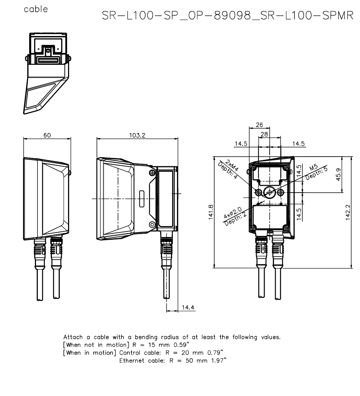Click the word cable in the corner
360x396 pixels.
pyautogui.click(x=36, y=9)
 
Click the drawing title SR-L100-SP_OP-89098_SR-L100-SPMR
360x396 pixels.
pyautogui.click(x=228, y=16)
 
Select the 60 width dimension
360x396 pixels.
pyautogui.click(x=47, y=135)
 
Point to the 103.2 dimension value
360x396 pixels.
pyautogui.click(x=137, y=135)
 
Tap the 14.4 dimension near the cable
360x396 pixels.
pyautogui.click(x=188, y=307)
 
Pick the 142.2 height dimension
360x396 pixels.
pyautogui.click(x=348, y=212)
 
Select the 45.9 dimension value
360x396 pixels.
pyautogui.click(x=338, y=175)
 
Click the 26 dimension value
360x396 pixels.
pyautogui.click(x=259, y=125)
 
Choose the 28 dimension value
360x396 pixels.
pyautogui.click(x=264, y=134)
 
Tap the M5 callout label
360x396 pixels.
pyautogui.click(x=314, y=168)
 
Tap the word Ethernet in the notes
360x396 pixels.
pyautogui.click(x=132, y=360)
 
